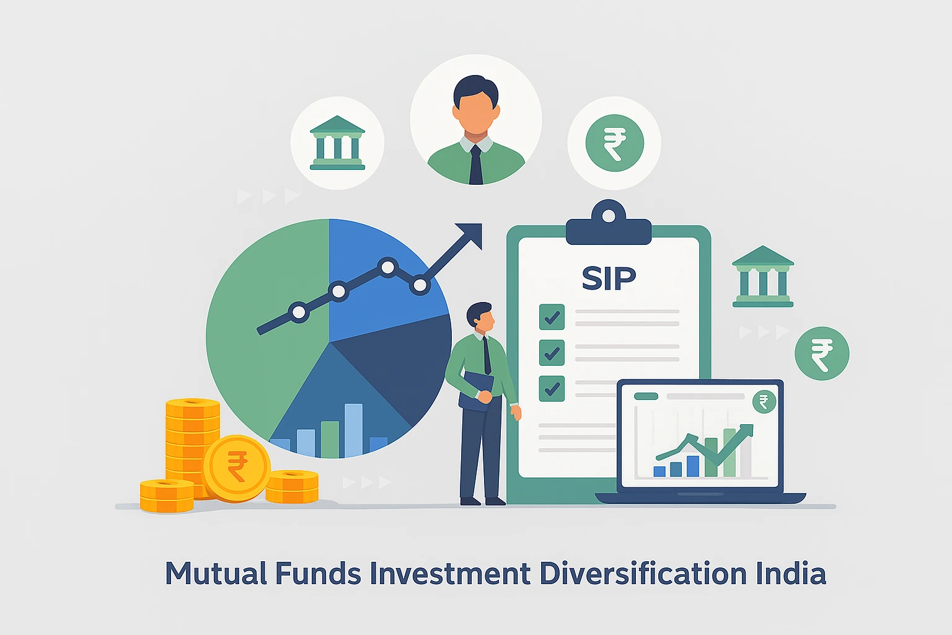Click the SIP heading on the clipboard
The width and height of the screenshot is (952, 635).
click(x=609, y=279)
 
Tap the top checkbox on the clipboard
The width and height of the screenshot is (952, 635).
click(x=552, y=317)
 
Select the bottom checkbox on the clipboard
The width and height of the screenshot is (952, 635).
click(x=552, y=389)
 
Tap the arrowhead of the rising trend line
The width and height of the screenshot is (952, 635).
click(x=471, y=234)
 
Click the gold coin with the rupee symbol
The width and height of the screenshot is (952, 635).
click(x=237, y=468)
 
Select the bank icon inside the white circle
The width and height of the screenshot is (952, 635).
click(x=337, y=143)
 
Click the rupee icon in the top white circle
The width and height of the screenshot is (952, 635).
click(x=614, y=143)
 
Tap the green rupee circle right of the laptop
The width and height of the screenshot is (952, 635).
click(x=822, y=353)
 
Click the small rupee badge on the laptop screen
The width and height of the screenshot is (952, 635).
click(x=764, y=402)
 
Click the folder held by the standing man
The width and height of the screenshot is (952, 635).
click(x=476, y=389)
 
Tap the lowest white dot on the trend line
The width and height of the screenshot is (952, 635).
click(x=299, y=312)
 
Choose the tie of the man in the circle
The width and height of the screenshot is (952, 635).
click(x=475, y=164)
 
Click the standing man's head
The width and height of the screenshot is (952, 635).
click(x=481, y=316)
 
